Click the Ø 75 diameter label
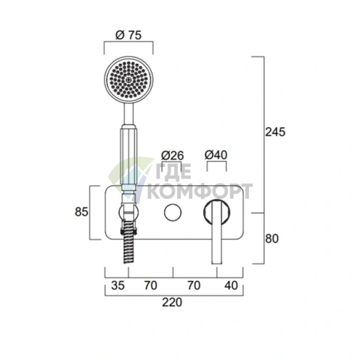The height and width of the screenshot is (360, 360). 128,36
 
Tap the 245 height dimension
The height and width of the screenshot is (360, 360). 275,132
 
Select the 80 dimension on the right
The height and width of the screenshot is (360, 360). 272,239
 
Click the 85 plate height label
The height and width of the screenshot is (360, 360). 81,212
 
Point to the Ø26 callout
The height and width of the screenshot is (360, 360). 173,155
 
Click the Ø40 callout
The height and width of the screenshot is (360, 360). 216,155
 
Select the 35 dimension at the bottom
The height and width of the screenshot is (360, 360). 118,285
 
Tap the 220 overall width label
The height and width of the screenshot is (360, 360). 172,303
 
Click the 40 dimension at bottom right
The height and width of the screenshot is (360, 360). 231,285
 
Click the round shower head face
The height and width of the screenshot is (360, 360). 128,80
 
